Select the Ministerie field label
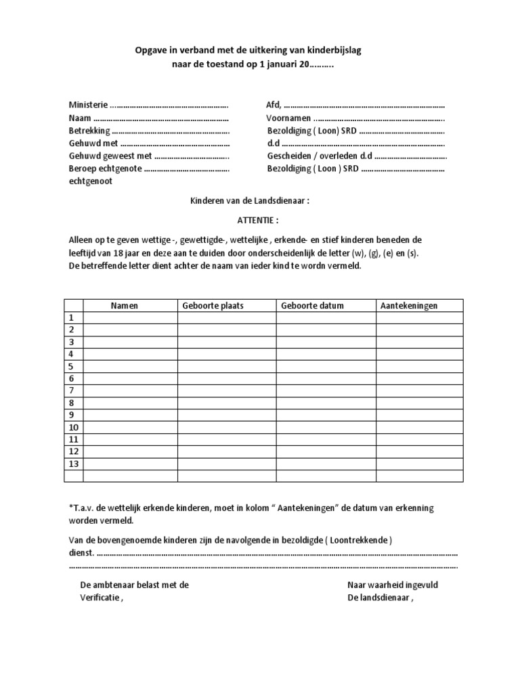coord(88,106)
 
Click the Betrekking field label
coord(89,131)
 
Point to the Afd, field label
coord(274,106)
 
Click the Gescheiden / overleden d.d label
coord(320,156)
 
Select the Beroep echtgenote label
coord(105,169)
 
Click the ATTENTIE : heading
coord(257,221)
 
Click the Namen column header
coord(125,306)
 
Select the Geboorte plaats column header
coord(213,306)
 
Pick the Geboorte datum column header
coord(312,306)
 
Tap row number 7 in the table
coord(71,390)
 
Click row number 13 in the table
coord(74,464)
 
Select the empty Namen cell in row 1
coord(130,318)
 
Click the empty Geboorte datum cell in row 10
coord(326,427)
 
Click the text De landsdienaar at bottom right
coord(379,598)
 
